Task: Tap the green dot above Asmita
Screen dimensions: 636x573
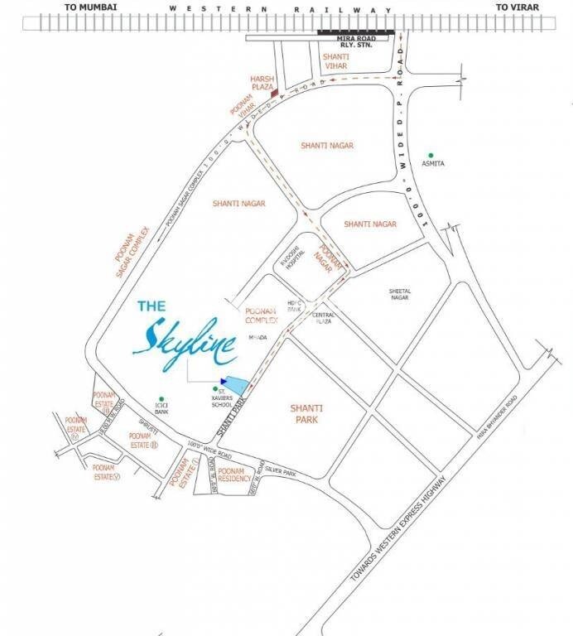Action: (x=431, y=154)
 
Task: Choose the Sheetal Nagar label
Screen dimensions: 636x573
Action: (x=401, y=296)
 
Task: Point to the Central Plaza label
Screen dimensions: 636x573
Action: (x=324, y=320)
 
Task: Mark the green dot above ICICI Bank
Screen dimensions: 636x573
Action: (x=162, y=398)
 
